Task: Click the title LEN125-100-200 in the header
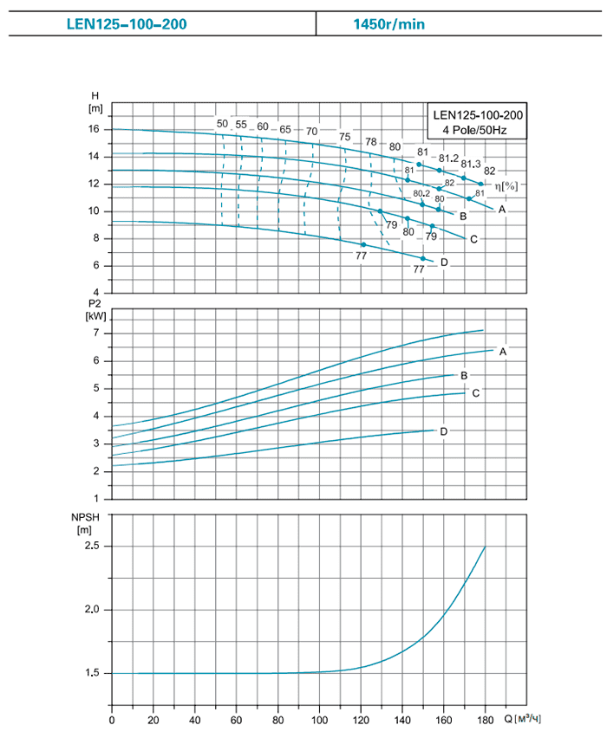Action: [127, 23]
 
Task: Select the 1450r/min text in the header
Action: [388, 23]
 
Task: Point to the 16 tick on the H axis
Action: [95, 129]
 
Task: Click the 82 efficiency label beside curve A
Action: [490, 171]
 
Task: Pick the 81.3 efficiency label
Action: [471, 164]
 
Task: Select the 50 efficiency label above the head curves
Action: [222, 124]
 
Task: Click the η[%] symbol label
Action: [506, 185]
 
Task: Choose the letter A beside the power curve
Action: [502, 351]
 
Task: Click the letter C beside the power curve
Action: [475, 393]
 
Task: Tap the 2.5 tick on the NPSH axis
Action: [93, 546]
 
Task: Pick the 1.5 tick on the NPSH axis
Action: [93, 673]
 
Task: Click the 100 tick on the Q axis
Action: [320, 720]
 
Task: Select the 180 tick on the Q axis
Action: [485, 720]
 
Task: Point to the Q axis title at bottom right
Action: [526, 720]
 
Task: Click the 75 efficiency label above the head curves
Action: [345, 137]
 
